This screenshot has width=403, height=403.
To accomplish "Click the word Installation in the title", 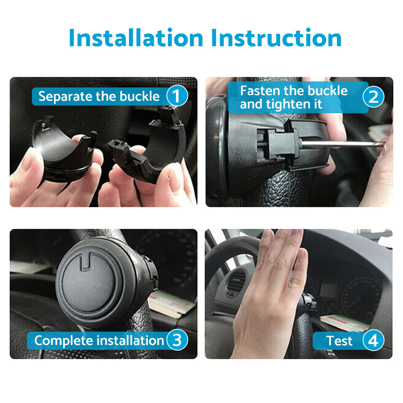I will point(136,38).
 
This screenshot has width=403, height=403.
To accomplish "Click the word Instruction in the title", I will point(276,38).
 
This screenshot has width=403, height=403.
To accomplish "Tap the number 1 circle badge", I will point(177,97).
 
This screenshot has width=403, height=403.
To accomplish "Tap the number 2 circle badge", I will point(374,97).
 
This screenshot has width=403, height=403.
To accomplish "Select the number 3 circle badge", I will point(177,341).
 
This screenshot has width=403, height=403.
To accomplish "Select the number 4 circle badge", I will point(373,341).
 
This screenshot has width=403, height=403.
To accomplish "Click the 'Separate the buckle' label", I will point(99,97).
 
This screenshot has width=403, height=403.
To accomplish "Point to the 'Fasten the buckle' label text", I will point(294,91).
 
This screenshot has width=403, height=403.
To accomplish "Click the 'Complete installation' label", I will point(99,341).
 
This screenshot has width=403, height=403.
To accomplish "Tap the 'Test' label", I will point(339,341).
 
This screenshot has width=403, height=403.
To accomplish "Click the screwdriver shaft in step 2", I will point(343,144).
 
